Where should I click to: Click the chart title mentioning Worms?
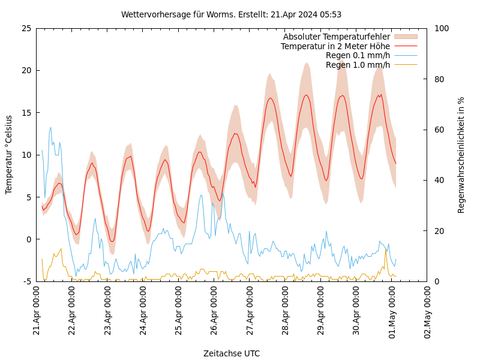coord(231,14)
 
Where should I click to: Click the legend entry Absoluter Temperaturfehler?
coord(336,37)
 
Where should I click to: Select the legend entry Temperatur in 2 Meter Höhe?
coord(335,46)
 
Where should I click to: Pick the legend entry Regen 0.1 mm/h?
coord(358,55)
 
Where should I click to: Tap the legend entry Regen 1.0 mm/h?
coord(358,64)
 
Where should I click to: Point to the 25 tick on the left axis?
coord(26,28)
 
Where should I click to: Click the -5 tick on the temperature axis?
coord(27,281)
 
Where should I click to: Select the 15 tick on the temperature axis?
coord(26,113)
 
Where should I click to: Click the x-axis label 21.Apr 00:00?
coord(37,313)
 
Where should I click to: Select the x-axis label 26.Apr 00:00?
coord(214,313)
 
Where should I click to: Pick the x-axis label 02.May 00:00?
coord(428,313)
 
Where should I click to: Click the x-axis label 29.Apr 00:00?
coord(321,313)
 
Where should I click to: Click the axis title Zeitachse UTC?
coord(232,353)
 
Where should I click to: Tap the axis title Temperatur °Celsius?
coord(9,154)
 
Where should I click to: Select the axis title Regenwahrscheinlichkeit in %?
coord(461,155)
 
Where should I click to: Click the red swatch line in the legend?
coord(405,46)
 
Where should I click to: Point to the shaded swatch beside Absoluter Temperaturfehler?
coord(405,37)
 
